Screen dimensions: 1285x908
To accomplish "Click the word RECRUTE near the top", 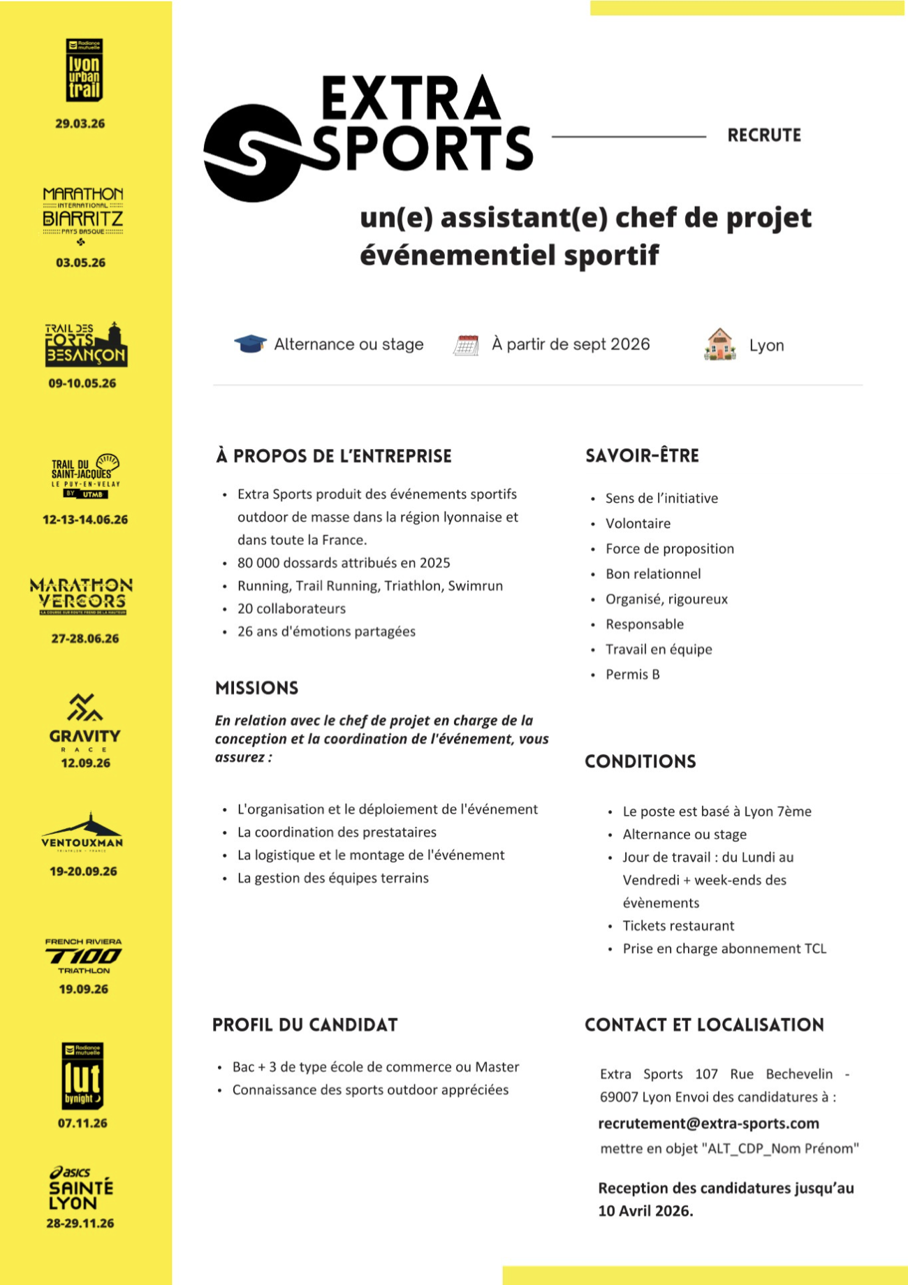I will pyautogui.click(x=764, y=135).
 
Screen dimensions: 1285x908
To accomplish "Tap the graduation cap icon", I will pyautogui.click(x=250, y=344).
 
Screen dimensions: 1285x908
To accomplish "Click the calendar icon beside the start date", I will pyautogui.click(x=467, y=345).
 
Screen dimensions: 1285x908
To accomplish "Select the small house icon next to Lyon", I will pyautogui.click(x=719, y=344).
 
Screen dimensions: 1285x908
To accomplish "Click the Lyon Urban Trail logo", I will pyautogui.click(x=84, y=71).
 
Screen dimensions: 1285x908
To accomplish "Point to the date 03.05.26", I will pyautogui.click(x=81, y=263).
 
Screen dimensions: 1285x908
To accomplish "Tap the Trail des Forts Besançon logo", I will pyautogui.click(x=85, y=344).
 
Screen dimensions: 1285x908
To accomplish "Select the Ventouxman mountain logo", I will pyautogui.click(x=82, y=832).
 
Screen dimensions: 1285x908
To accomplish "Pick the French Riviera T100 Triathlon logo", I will pyautogui.click(x=83, y=955).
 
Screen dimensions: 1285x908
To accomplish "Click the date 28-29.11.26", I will pyautogui.click(x=80, y=1224).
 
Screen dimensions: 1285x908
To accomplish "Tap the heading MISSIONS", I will pyautogui.click(x=256, y=689).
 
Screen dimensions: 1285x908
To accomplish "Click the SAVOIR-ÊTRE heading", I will pyautogui.click(x=642, y=456).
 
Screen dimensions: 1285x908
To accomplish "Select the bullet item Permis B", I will pyautogui.click(x=632, y=675).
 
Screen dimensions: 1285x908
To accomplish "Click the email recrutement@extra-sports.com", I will pyautogui.click(x=708, y=1124).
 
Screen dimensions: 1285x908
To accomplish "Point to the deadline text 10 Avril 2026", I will pyautogui.click(x=645, y=1211).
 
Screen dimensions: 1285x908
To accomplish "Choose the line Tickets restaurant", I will pyautogui.click(x=678, y=926).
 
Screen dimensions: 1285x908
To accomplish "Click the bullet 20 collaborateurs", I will pyautogui.click(x=291, y=609).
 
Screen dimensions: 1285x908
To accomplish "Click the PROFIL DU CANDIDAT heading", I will pyautogui.click(x=305, y=1025).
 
